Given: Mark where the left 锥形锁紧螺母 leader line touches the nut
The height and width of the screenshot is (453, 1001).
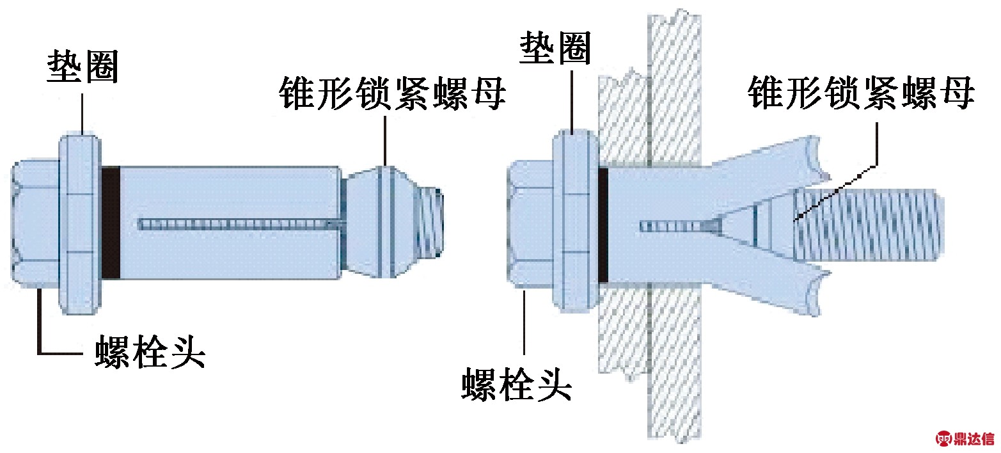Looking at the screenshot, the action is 385,166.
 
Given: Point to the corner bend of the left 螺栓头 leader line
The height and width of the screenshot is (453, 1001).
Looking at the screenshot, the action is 39,354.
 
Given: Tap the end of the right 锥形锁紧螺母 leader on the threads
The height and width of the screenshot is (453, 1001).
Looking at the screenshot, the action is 795,221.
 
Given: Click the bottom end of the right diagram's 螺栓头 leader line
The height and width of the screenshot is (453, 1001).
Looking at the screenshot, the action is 524,354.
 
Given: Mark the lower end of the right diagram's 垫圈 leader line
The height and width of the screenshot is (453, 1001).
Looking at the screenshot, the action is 572,132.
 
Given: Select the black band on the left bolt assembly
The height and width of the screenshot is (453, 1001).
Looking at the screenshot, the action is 111,222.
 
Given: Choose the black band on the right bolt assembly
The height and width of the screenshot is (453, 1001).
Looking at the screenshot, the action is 603,225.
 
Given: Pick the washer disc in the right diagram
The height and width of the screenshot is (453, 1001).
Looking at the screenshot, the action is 575,221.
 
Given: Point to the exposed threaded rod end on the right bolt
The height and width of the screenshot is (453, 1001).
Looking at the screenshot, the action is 869,225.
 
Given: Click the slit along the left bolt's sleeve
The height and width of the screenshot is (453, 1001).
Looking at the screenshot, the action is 241,223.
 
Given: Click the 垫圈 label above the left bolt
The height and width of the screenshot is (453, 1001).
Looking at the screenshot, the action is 83,66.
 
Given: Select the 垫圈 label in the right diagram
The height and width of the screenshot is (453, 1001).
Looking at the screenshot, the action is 555,47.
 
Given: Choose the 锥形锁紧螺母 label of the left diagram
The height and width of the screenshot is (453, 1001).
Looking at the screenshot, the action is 392,93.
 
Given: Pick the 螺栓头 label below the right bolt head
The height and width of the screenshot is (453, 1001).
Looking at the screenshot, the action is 517,384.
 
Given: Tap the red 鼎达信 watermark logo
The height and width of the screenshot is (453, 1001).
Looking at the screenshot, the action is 965,439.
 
